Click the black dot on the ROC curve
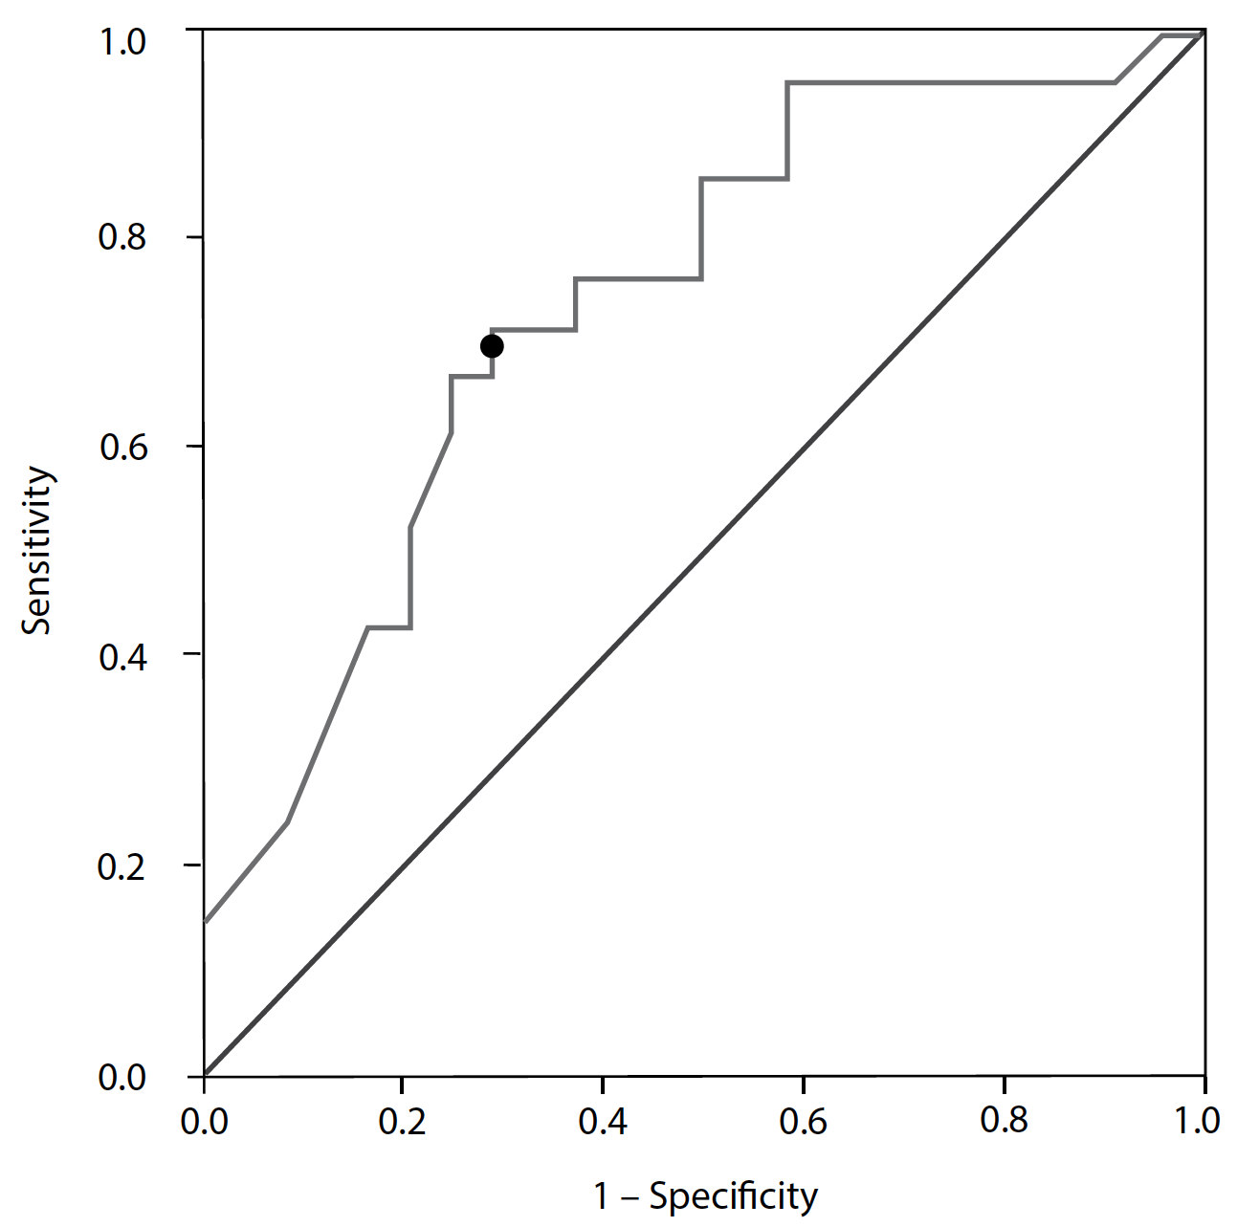492,346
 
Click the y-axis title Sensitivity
38,550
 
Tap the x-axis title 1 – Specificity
706,1196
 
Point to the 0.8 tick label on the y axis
122,237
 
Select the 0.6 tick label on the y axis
122,447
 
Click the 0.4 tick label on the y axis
122,656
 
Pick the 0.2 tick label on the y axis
122,865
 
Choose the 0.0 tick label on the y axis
122,1076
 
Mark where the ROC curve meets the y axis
205,922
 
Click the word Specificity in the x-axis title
734,1196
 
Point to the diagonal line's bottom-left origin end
205,1075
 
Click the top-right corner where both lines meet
1204,33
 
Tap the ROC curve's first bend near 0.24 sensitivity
287,822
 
